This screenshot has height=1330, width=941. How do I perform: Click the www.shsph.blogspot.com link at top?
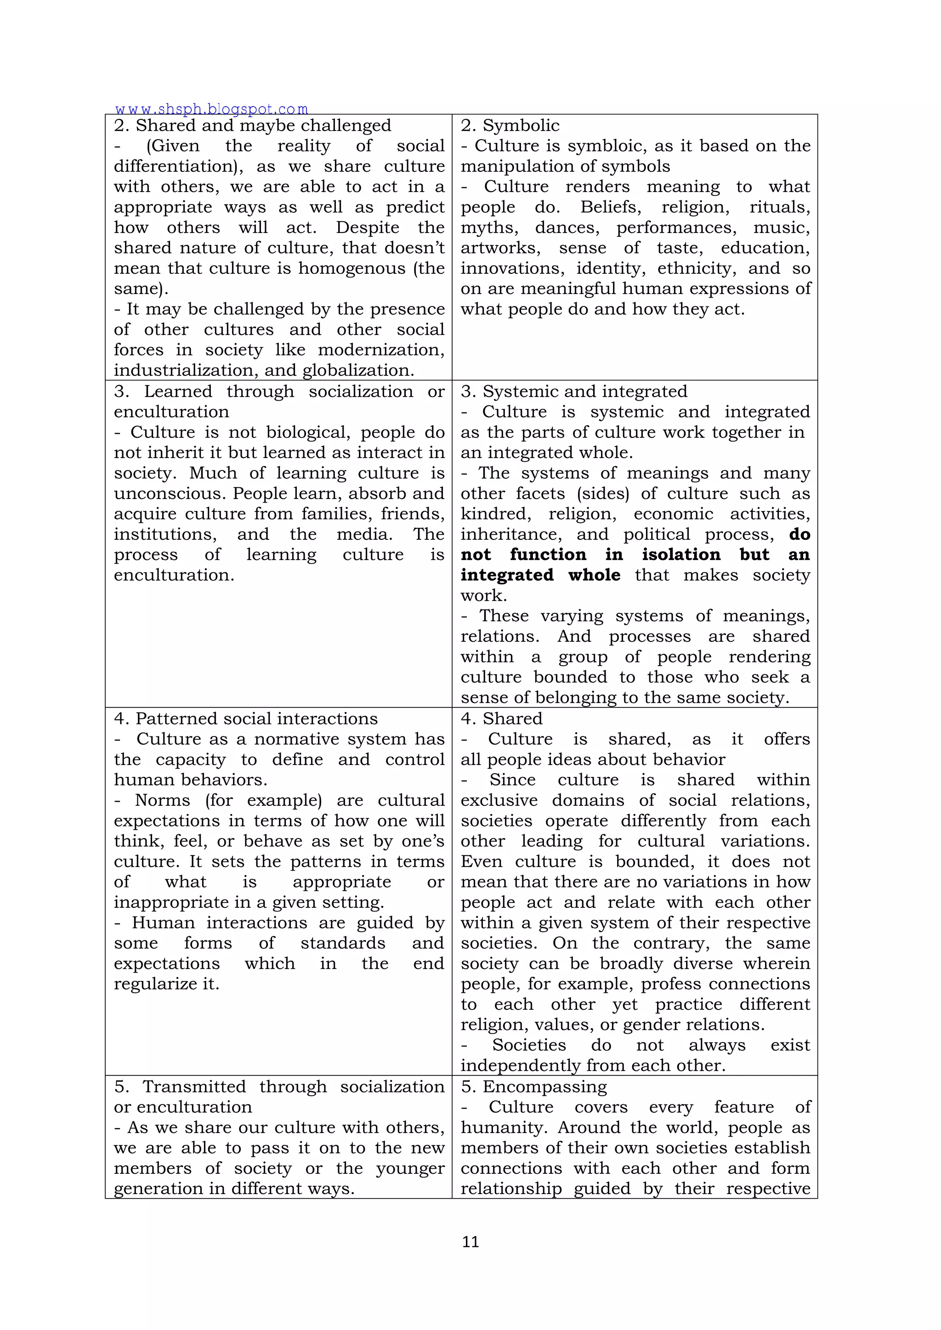(211, 109)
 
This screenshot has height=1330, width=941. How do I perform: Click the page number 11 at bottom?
(470, 1241)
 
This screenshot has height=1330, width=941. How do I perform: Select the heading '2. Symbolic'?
(510, 125)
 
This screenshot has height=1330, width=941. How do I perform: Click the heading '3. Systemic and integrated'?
(573, 391)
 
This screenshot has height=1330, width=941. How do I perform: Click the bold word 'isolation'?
(681, 555)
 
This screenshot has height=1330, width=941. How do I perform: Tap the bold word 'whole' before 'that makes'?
(594, 575)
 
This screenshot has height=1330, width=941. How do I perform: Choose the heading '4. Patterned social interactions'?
(246, 719)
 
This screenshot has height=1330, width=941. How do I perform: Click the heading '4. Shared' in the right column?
(502, 719)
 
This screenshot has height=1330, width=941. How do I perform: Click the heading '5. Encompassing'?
(533, 1086)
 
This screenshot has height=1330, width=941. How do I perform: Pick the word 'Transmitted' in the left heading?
(194, 1086)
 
